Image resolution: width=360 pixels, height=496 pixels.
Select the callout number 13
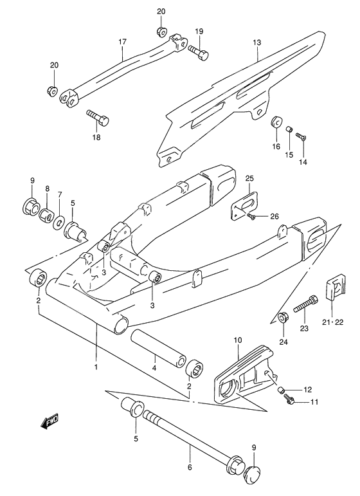point(256,44)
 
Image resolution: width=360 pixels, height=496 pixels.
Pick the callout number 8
point(46,188)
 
